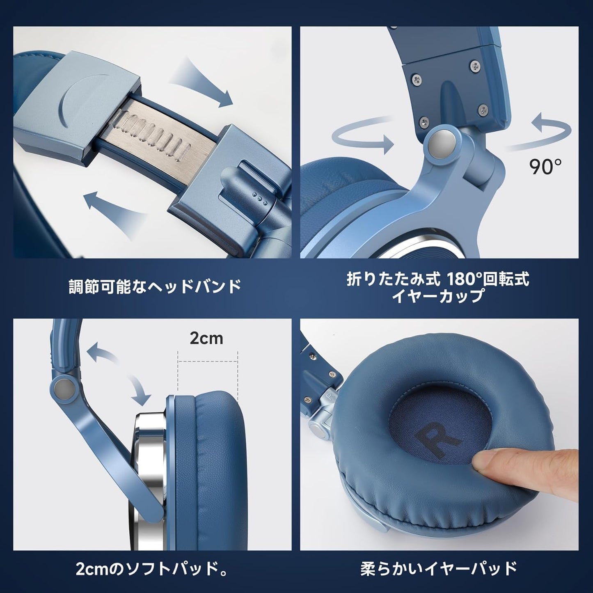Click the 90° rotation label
point(545,167)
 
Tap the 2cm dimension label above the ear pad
point(206,338)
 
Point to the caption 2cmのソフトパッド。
point(152,569)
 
